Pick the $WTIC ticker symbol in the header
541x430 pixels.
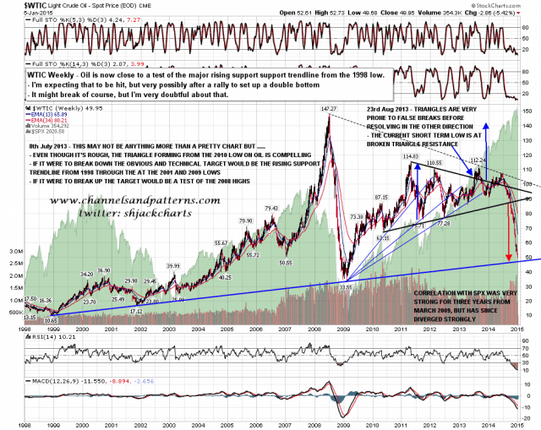14,4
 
